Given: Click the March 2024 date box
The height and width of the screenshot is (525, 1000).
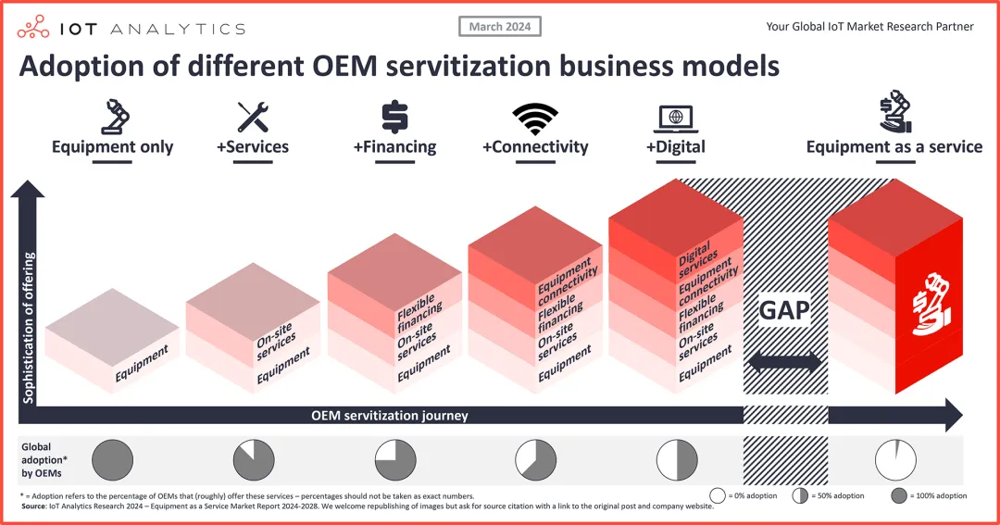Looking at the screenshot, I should click(500, 27).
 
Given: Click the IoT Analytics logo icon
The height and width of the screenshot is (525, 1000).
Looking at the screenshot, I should click(34, 28).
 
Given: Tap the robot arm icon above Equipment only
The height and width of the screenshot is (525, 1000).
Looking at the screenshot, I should click(112, 117).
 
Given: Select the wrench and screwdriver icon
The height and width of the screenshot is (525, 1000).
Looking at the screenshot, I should click(253, 117).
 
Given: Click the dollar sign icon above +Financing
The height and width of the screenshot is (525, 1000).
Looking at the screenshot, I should click(394, 117).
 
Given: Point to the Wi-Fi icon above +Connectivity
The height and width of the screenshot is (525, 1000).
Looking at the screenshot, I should click(535, 118).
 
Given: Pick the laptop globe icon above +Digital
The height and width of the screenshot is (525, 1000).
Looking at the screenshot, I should click(675, 118).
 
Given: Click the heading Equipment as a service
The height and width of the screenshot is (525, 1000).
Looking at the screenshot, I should click(894, 146).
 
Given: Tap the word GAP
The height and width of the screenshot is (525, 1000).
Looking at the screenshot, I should click(784, 311).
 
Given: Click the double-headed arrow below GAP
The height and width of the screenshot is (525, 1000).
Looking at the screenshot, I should click(784, 362).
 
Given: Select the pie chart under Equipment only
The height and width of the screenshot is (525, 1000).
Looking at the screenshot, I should click(113, 460).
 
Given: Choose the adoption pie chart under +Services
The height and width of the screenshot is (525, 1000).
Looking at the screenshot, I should click(253, 460).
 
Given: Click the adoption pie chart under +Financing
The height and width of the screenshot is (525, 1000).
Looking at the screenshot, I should click(395, 460).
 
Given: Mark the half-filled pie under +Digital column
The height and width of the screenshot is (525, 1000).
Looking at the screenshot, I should click(676, 460).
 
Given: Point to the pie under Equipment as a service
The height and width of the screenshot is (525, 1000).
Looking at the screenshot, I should click(895, 460).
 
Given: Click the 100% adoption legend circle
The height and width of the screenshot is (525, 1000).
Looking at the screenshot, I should click(896, 495).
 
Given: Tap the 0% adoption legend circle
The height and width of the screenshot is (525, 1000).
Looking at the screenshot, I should click(717, 495).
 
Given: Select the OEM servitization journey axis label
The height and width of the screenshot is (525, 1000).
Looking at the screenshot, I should click(390, 416).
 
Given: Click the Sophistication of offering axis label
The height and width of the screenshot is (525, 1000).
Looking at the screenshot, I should click(29, 328).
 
